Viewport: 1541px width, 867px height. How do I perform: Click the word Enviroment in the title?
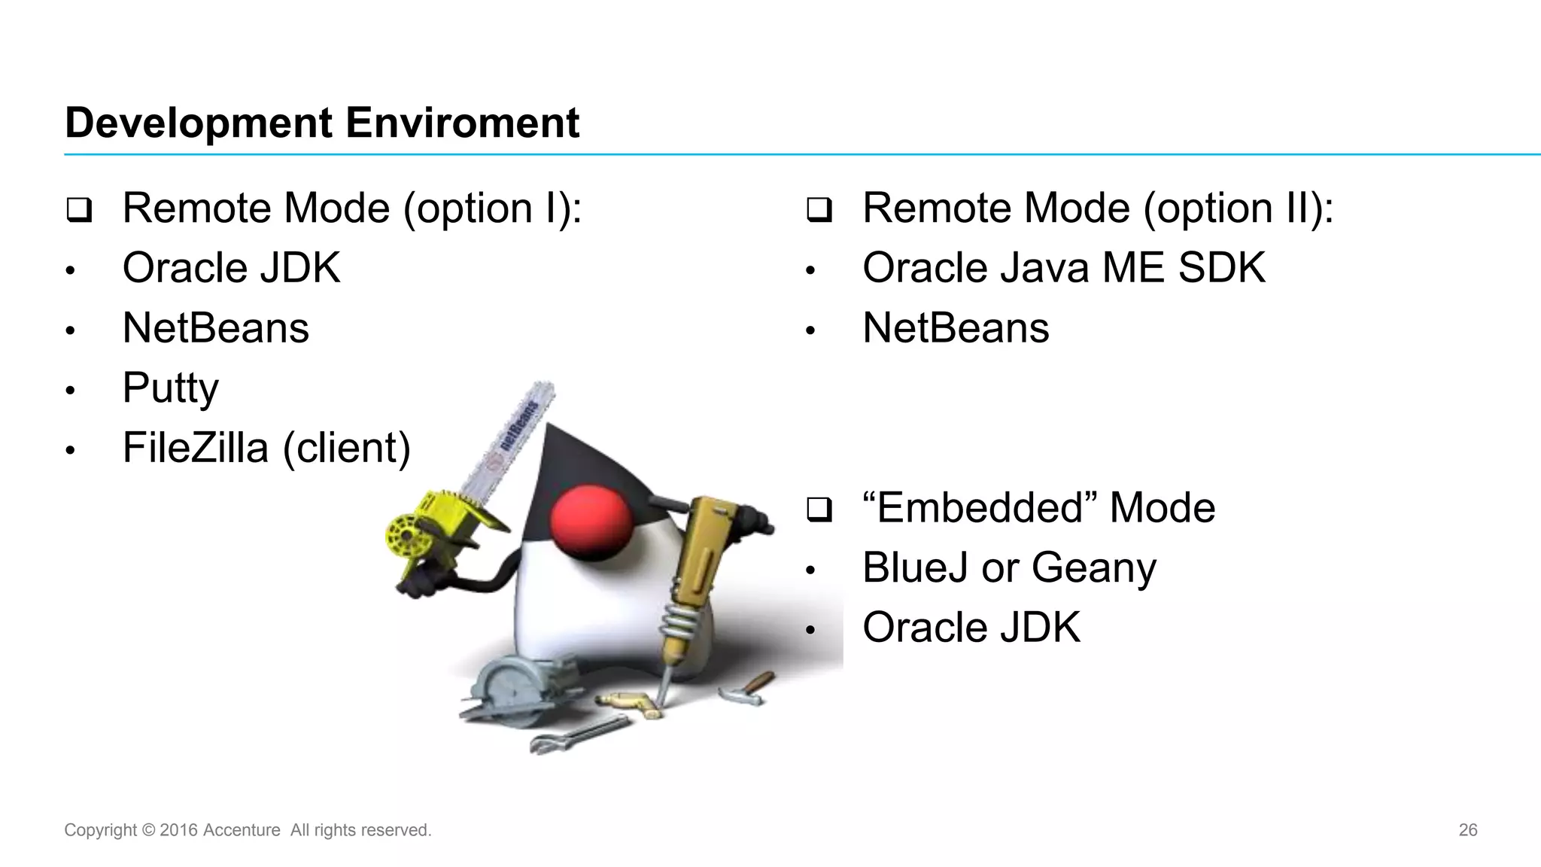(462, 123)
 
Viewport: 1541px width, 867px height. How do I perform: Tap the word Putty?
(171, 388)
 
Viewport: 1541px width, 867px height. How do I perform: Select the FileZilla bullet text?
(266, 448)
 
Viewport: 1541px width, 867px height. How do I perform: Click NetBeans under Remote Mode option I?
(216, 328)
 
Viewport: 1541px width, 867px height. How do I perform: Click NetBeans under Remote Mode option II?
(956, 328)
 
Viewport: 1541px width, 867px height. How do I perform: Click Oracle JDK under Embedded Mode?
(971, 628)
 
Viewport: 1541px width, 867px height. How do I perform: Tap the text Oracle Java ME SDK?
(1063, 268)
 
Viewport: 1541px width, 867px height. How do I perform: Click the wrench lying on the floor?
(579, 735)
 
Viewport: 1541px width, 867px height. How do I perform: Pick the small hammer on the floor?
(745, 688)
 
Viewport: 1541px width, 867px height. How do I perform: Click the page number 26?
(1467, 830)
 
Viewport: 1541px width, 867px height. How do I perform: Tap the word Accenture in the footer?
(241, 830)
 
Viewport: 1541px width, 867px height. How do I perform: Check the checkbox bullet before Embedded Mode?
(819, 510)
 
